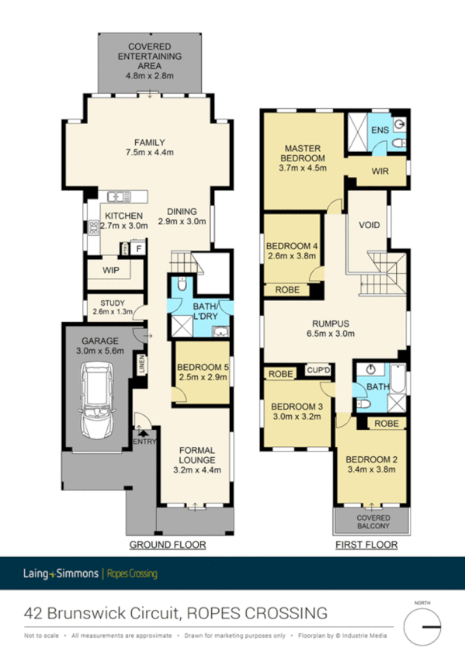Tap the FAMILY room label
click(x=149, y=142)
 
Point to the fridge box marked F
click(x=139, y=248)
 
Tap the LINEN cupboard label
click(x=143, y=365)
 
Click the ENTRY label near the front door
click(x=145, y=442)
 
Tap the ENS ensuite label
click(x=378, y=129)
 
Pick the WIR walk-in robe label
click(x=380, y=171)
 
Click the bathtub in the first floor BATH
click(x=397, y=380)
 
